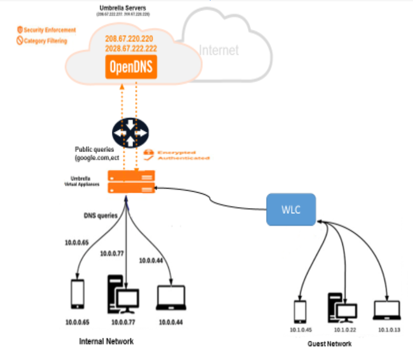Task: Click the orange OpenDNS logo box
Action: coord(131,68)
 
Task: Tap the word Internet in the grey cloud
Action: coord(218,51)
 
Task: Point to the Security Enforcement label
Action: coord(49,30)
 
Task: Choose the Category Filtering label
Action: coord(45,41)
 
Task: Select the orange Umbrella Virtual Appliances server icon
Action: coord(131,182)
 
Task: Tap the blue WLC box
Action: coord(291,210)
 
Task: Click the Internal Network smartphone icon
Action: coord(78,295)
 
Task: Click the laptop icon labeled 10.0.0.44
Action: coord(171,298)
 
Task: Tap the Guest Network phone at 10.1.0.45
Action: coord(300,312)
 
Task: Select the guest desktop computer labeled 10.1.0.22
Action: coord(342,309)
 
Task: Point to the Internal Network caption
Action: coord(106,342)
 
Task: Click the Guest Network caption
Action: coord(329,344)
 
